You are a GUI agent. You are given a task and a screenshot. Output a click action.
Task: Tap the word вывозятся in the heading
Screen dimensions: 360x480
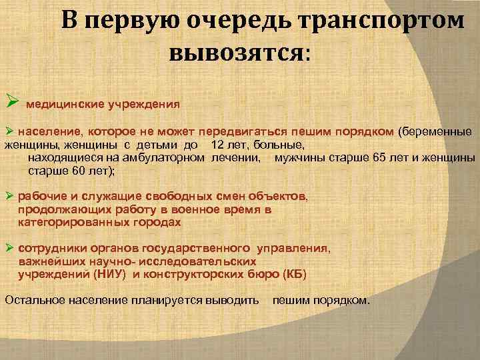tap(237, 51)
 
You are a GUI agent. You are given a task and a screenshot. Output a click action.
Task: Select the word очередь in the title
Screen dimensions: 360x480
tap(243, 21)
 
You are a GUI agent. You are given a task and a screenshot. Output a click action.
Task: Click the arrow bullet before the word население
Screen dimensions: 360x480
tap(9, 131)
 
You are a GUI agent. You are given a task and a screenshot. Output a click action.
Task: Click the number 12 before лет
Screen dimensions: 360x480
tap(217, 145)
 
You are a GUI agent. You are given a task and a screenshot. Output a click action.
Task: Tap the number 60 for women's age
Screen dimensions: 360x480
tap(72, 171)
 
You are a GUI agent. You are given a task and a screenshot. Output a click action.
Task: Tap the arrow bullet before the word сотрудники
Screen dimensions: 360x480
tap(9, 248)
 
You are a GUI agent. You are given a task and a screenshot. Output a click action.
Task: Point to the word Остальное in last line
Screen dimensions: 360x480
tap(32, 300)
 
